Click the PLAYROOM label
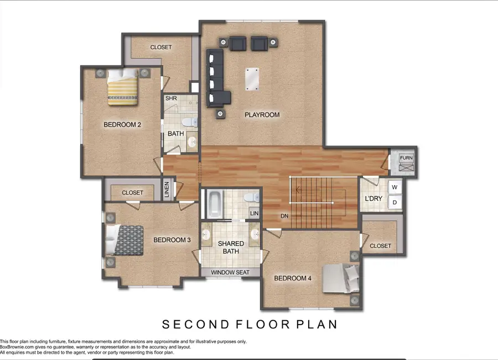pyautogui.click(x=262, y=115)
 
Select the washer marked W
pyautogui.click(x=395, y=187)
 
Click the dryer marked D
pyautogui.click(x=395, y=202)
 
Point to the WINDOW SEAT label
pyautogui.click(x=230, y=273)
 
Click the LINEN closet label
pyautogui.click(x=167, y=190)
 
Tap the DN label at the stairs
pyautogui.click(x=284, y=216)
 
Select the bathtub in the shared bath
pyautogui.click(x=214, y=203)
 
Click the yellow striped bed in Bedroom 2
pyautogui.click(x=122, y=88)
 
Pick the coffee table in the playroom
pyautogui.click(x=253, y=79)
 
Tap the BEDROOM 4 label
pyautogui.click(x=293, y=279)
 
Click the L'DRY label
pyautogui.click(x=371, y=199)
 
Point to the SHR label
pyautogui.click(x=170, y=99)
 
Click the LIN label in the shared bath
pyautogui.click(x=254, y=213)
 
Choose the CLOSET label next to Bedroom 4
pyautogui.click(x=380, y=246)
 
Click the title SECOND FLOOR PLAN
pyautogui.click(x=250, y=324)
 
